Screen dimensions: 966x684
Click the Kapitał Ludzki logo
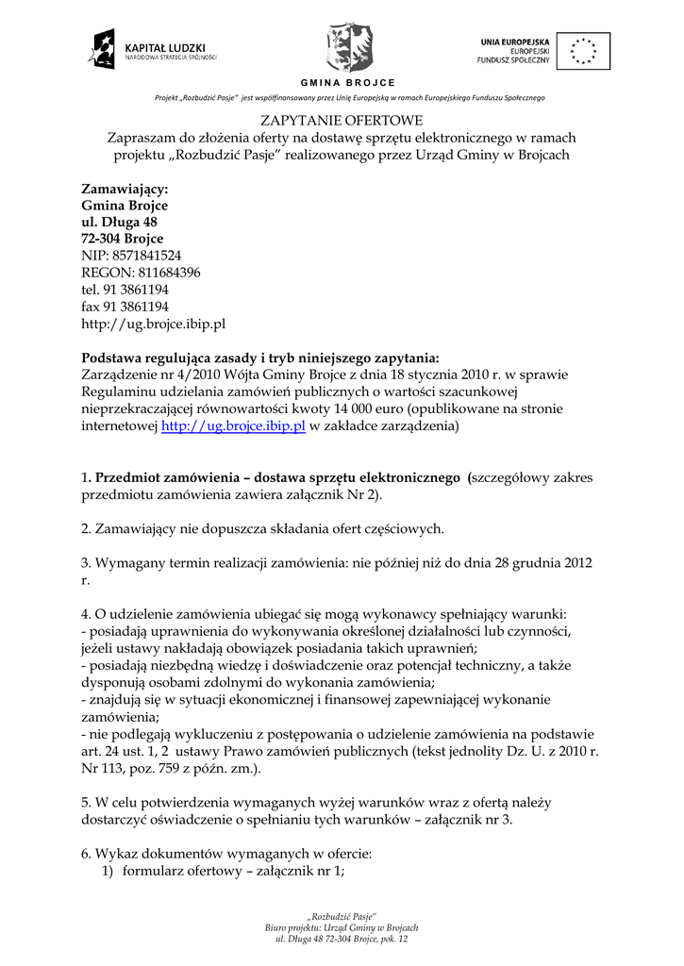(x=154, y=50)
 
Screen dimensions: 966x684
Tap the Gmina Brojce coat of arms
(x=349, y=47)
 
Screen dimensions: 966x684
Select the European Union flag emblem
(x=582, y=50)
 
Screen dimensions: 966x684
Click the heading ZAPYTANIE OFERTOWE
(x=342, y=121)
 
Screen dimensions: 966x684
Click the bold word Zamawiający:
(x=125, y=189)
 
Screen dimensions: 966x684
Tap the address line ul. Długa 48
(x=119, y=222)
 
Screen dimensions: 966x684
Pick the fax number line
(x=125, y=307)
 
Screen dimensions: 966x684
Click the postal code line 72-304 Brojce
(x=123, y=239)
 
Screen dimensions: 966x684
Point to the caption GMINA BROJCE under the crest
(x=348, y=83)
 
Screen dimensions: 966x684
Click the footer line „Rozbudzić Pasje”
(x=342, y=916)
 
